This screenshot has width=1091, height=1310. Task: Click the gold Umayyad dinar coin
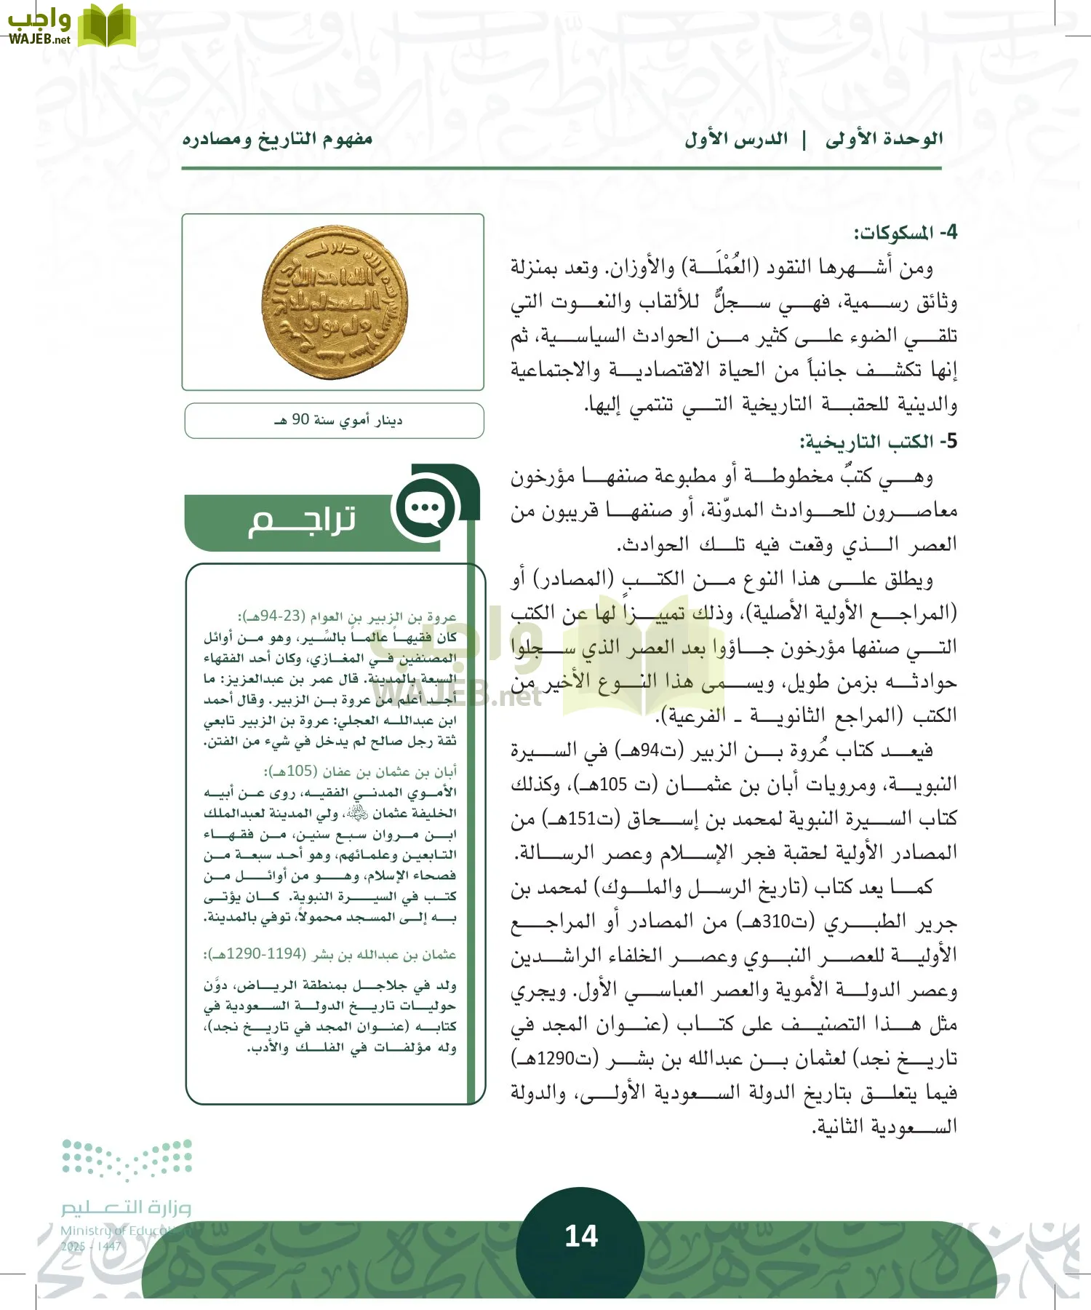click(335, 302)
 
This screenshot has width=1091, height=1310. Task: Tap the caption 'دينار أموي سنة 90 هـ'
click(339, 421)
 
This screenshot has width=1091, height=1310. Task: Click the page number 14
click(581, 1236)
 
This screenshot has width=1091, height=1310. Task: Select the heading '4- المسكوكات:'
click(905, 234)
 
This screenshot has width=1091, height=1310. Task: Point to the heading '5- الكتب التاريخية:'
click(878, 442)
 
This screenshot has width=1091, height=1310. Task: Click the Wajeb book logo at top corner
click(106, 26)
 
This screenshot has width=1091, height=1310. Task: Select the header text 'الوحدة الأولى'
click(884, 139)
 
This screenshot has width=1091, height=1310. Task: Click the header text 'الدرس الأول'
click(736, 139)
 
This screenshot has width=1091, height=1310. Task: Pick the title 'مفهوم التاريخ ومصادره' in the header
click(277, 139)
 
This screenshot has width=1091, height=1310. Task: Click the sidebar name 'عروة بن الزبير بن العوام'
click(384, 617)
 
